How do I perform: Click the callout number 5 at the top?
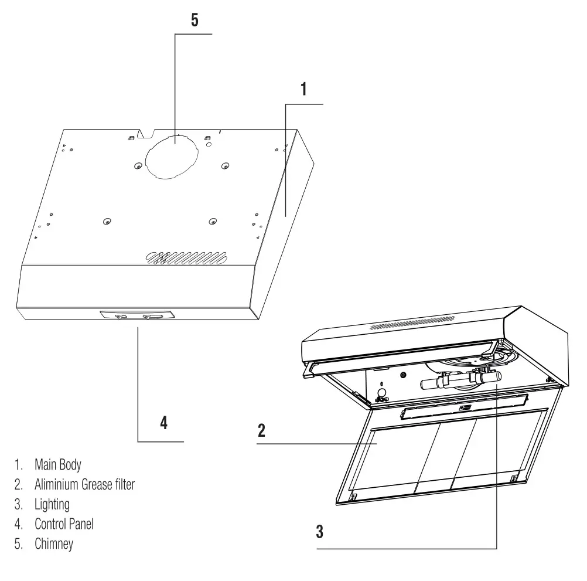194,19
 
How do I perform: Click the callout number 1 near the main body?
303,89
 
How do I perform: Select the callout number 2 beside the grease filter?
261,430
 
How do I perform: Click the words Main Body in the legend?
57,465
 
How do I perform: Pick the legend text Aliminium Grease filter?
84,485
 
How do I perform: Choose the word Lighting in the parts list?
52,505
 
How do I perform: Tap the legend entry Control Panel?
64,524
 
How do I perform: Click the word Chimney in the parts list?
53,544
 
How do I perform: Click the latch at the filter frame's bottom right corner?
514,478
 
